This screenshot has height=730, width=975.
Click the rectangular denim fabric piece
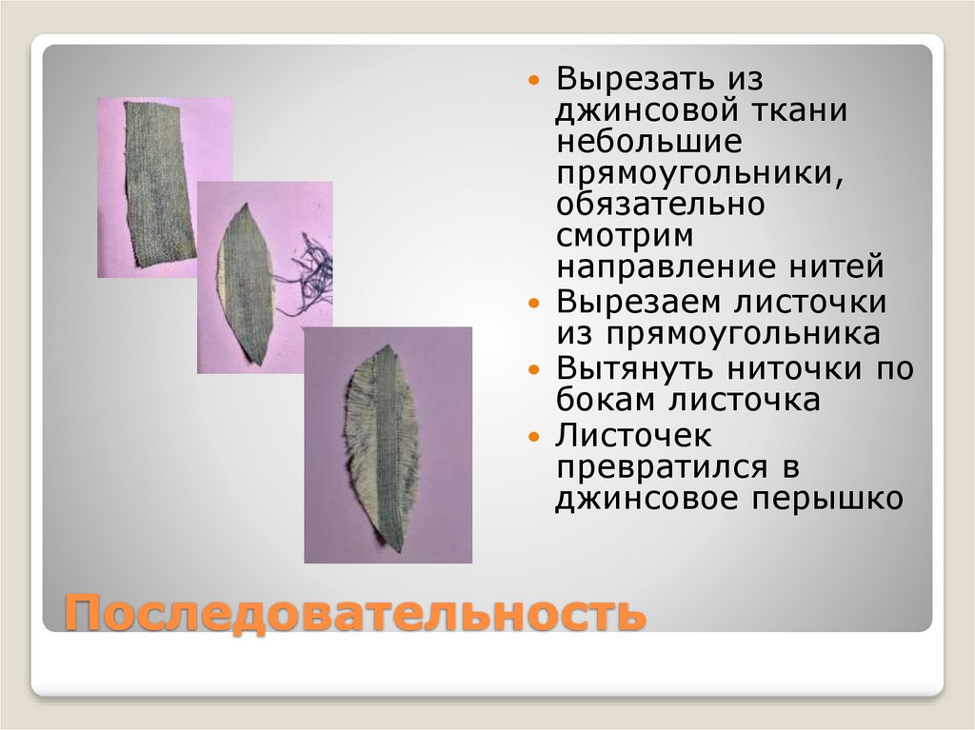click(159, 183)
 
